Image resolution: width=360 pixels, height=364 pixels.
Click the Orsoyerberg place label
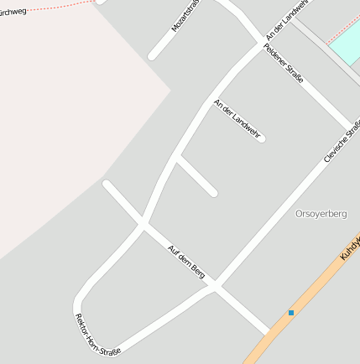(x=321, y=214)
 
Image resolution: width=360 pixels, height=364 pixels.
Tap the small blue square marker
(x=291, y=313)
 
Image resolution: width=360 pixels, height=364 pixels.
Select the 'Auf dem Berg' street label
(x=186, y=261)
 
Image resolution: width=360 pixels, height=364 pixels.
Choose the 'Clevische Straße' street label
(x=342, y=141)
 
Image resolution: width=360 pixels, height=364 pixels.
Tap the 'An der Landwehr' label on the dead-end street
(x=237, y=118)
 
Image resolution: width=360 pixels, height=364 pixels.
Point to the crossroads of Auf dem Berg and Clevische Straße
(x=216, y=287)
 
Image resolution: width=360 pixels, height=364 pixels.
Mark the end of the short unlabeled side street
(x=213, y=193)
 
